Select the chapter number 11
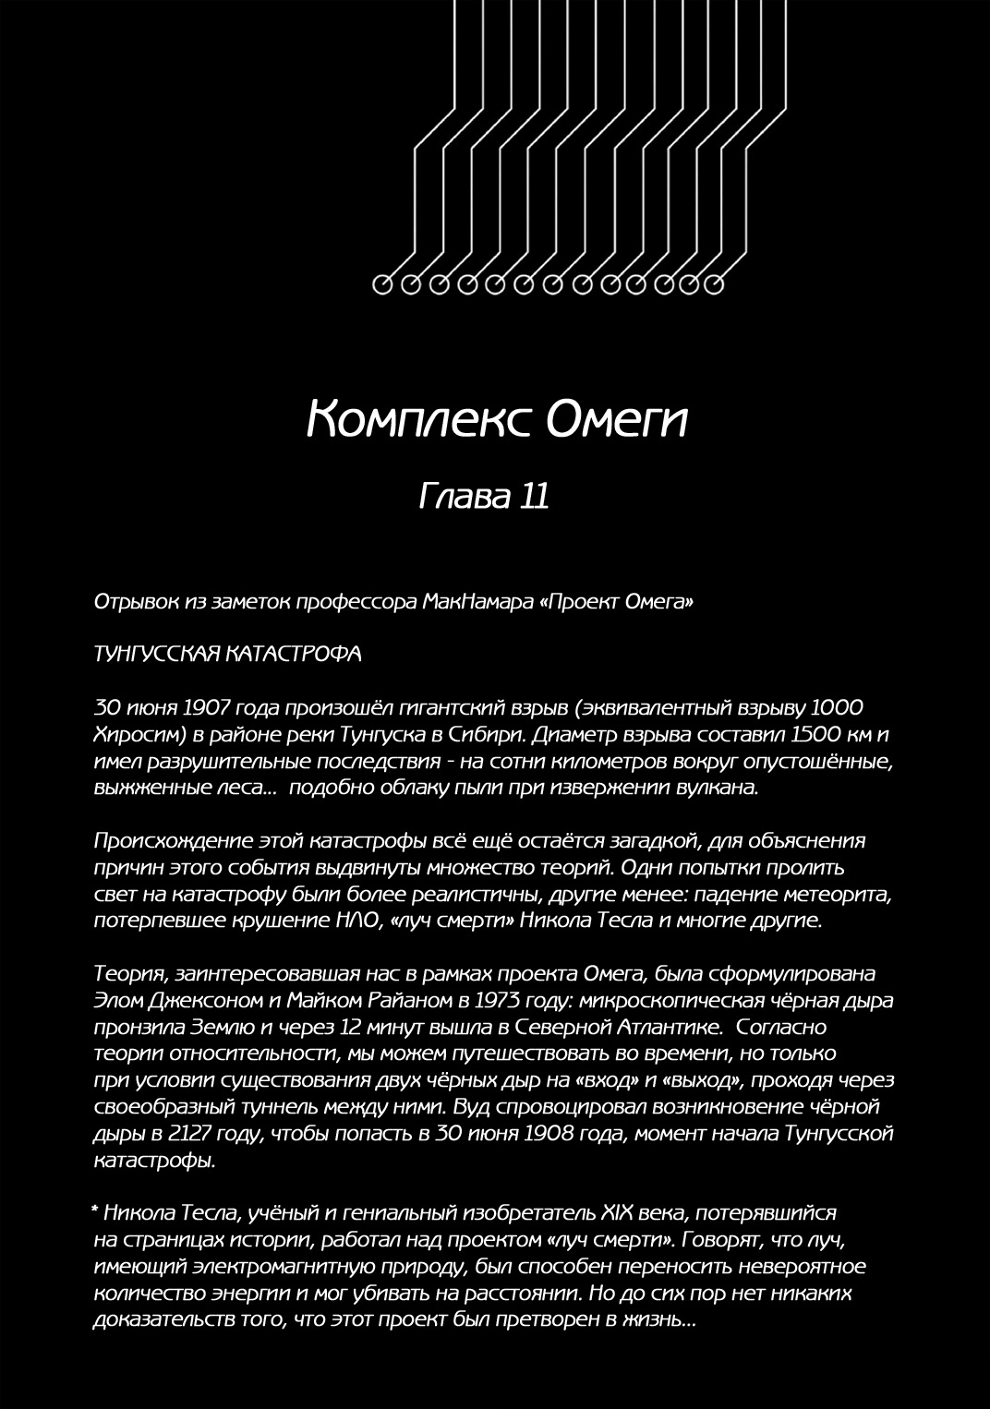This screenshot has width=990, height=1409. click(x=535, y=497)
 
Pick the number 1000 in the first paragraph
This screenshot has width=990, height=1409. click(x=837, y=708)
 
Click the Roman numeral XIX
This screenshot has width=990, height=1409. click(x=621, y=1212)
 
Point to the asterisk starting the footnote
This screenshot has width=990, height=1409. click(x=96, y=1210)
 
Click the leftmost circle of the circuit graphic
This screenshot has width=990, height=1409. click(x=383, y=284)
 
